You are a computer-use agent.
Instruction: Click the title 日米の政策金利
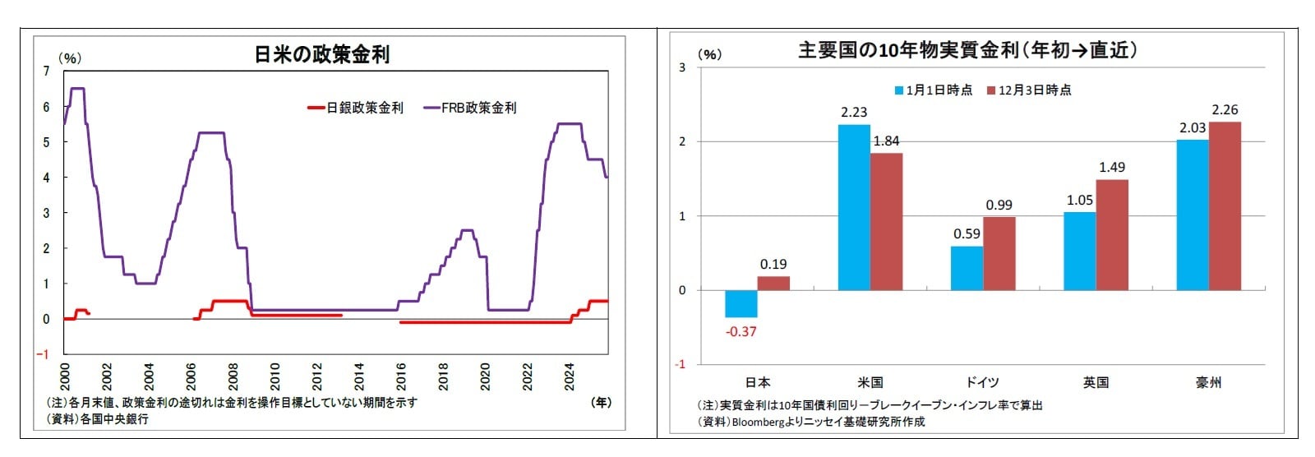pyautogui.click(x=322, y=55)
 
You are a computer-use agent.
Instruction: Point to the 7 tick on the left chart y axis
pyautogui.click(x=46, y=72)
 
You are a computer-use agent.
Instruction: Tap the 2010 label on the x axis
pyautogui.click(x=275, y=376)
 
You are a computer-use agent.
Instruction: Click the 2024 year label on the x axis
pyautogui.click(x=569, y=376)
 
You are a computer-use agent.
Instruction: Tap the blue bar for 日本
pyautogui.click(x=741, y=303)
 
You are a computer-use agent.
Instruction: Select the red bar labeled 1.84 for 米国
pyautogui.click(x=886, y=221)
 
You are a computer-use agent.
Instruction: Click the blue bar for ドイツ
pyautogui.click(x=967, y=268)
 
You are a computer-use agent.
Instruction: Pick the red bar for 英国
pyautogui.click(x=1112, y=234)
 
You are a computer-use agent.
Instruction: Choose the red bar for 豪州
pyautogui.click(x=1225, y=205)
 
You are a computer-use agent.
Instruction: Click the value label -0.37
pyautogui.click(x=741, y=331)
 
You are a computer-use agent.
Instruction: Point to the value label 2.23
pyautogui.click(x=854, y=113)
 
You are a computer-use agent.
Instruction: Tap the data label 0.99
pyautogui.click(x=999, y=205)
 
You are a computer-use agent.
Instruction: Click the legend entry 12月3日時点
pyautogui.click(x=1034, y=90)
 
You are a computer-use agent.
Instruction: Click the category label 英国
pyautogui.click(x=1096, y=382)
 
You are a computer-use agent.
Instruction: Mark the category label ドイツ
pyautogui.click(x=982, y=382)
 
